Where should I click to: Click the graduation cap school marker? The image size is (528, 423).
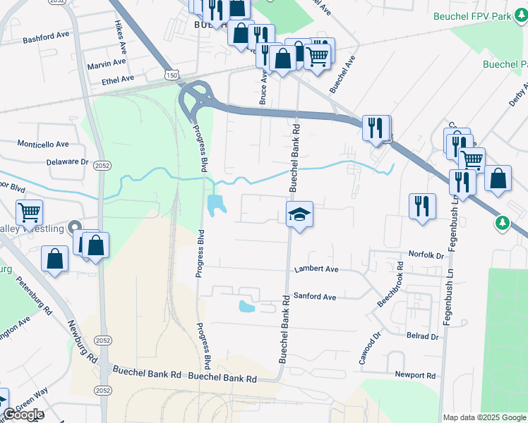299,214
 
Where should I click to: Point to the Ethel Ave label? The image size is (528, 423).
117,79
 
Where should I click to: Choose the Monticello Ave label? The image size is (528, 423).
44,144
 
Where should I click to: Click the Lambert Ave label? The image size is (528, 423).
316,269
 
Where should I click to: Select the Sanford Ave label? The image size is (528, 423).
315,297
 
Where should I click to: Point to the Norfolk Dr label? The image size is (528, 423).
426,254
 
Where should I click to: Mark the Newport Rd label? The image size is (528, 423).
415,376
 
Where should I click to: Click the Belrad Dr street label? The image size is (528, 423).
423,336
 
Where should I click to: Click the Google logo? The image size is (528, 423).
23,414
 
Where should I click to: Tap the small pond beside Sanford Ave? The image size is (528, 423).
246,307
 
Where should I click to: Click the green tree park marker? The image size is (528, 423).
502,223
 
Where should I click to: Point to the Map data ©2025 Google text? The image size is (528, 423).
484,417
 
